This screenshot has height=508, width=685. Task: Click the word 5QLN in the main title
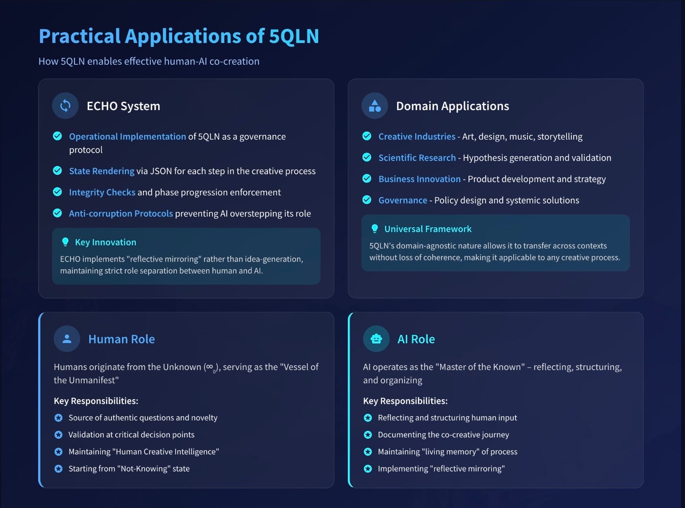pos(294,36)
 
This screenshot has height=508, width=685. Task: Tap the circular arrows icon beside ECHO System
pos(65,106)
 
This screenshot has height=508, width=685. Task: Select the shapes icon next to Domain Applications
pos(375,106)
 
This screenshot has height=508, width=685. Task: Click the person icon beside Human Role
pos(67,339)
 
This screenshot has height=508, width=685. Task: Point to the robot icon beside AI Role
pos(376,339)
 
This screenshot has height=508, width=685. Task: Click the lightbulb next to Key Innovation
pos(65,242)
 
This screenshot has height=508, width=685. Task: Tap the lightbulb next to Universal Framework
pos(374,228)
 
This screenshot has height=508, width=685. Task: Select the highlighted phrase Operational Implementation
pos(127,137)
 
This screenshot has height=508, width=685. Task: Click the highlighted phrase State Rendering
pos(102,171)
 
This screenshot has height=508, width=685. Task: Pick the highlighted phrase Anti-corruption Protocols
pos(121,214)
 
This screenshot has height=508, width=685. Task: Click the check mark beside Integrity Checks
pos(58,192)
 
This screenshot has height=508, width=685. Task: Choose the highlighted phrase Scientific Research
pos(417,158)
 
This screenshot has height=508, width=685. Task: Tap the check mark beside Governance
pos(367,200)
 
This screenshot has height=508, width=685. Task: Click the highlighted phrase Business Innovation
pos(419,179)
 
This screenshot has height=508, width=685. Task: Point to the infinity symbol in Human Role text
pos(209,367)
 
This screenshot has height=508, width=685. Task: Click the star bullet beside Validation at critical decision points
pos(59,435)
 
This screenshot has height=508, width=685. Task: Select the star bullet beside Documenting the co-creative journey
pos(368,435)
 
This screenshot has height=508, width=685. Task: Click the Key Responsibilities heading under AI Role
pos(405,401)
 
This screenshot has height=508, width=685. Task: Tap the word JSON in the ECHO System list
pos(161,171)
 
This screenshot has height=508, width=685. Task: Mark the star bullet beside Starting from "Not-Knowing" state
pos(59,469)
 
